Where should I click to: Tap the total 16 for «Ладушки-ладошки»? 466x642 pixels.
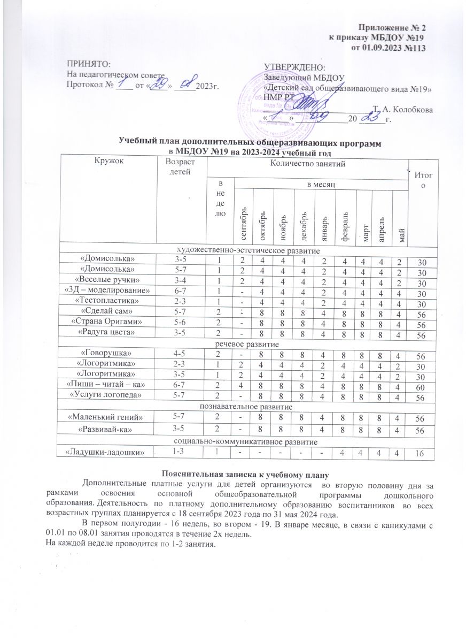coord(422,453)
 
